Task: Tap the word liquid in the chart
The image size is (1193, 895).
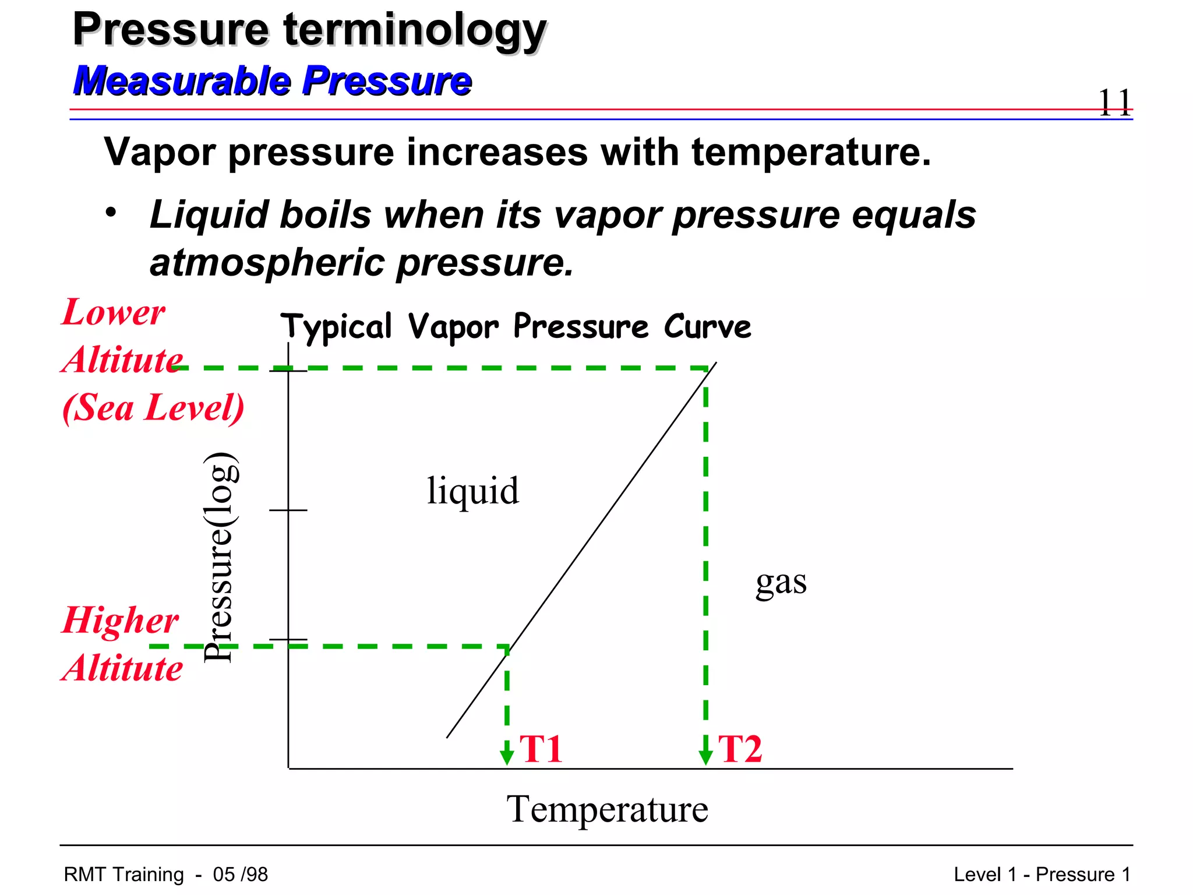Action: coord(472,491)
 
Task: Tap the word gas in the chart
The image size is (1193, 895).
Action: coord(781,582)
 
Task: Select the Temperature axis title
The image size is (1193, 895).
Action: coord(607,809)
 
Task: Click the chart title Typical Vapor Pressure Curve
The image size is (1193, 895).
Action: coord(516,326)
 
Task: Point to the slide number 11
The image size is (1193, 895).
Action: coord(1114,103)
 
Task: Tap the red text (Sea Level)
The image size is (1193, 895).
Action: coord(153,407)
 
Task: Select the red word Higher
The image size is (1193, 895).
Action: coord(121,620)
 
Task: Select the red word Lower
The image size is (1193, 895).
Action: coord(114,313)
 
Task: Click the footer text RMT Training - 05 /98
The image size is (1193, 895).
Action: coord(166,875)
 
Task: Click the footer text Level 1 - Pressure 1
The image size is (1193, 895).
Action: coord(1042,875)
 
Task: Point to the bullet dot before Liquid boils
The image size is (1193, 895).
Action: coord(111,212)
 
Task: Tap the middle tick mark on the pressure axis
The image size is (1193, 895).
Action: coord(288,510)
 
